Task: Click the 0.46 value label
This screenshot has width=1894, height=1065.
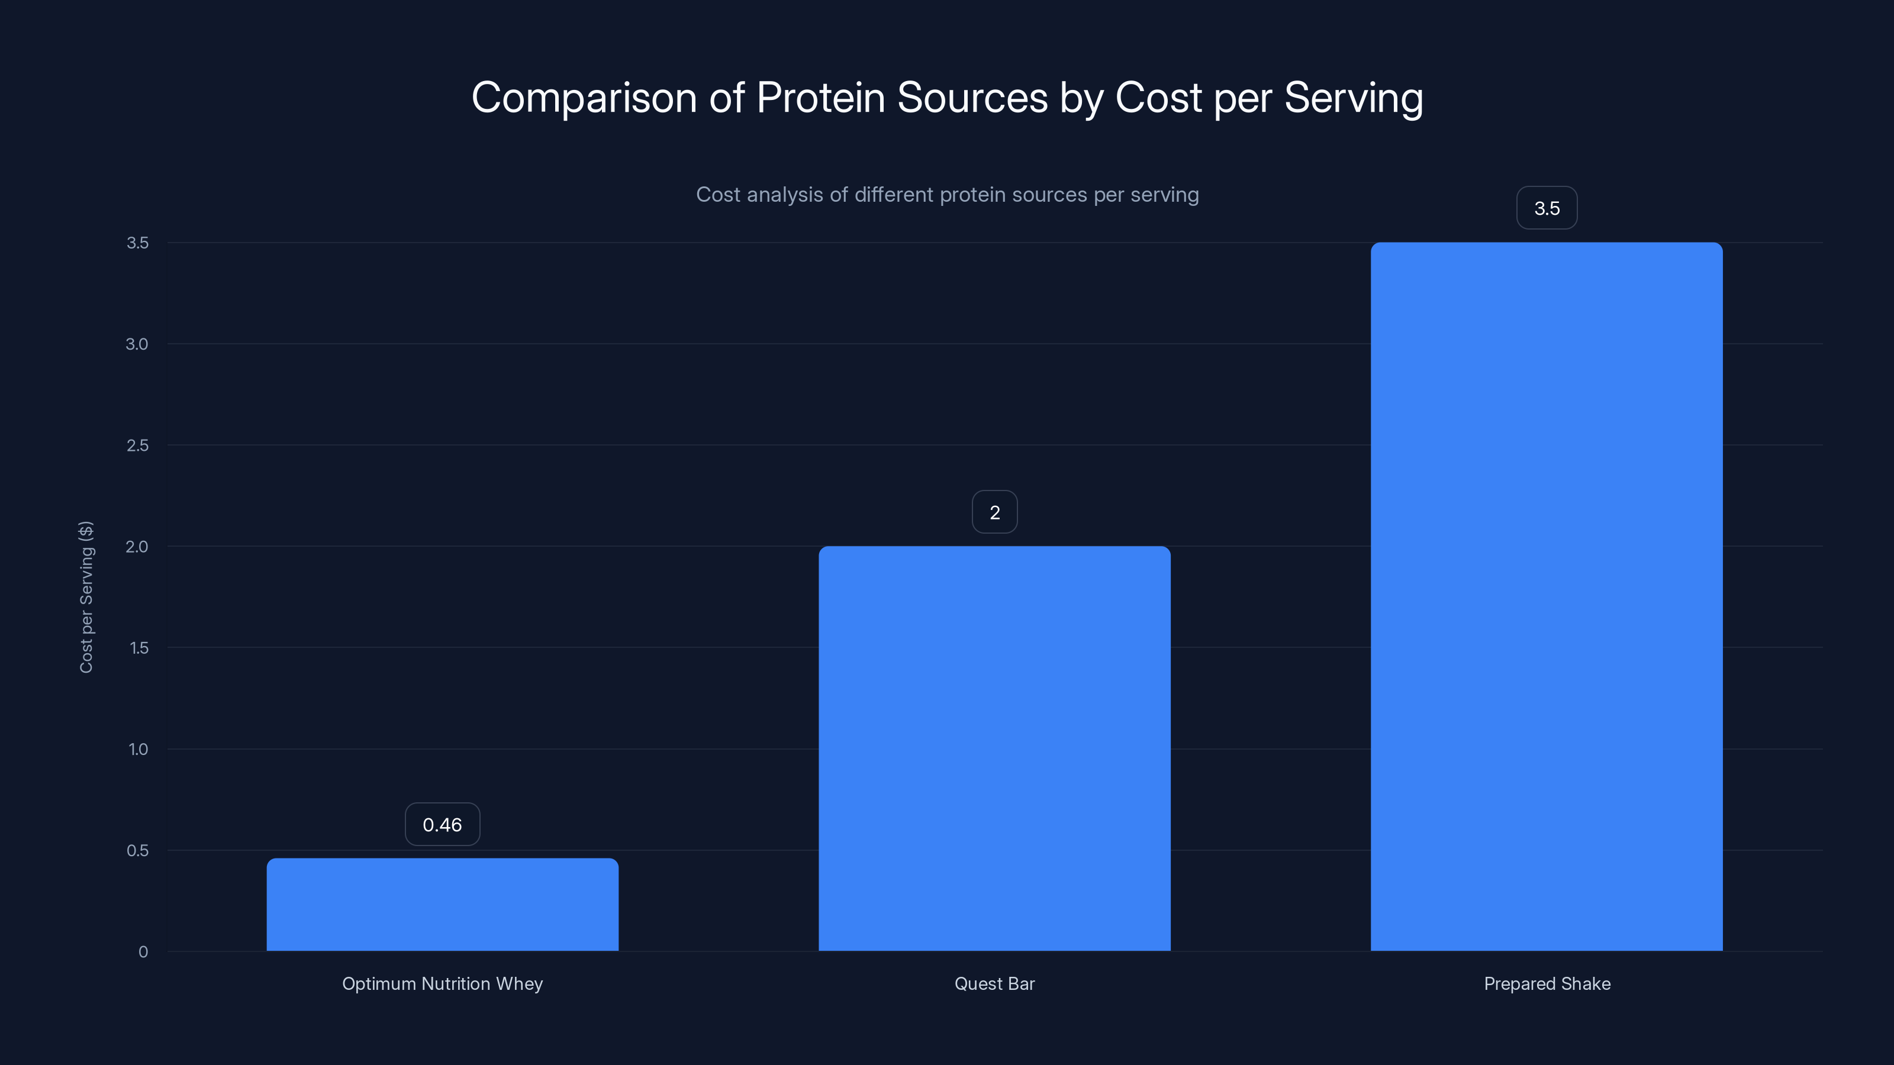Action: tap(442, 825)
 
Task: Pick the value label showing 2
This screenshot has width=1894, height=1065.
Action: tap(994, 512)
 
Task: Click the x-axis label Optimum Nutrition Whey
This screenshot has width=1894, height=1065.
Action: tap(442, 983)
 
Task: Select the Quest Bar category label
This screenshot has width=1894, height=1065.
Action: tap(994, 983)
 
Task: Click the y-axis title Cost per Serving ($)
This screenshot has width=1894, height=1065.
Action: tap(86, 597)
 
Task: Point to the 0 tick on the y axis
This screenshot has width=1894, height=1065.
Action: tap(143, 952)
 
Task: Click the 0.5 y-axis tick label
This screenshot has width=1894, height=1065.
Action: tap(137, 850)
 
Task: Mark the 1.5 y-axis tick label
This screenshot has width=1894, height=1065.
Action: tap(138, 647)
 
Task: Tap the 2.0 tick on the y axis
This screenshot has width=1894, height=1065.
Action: tap(137, 546)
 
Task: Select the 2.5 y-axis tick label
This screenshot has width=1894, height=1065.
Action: tap(137, 446)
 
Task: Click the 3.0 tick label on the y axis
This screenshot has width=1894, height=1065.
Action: tap(137, 344)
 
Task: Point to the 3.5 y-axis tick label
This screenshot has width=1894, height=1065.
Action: tap(137, 243)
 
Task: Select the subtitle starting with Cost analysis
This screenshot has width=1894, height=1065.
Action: tap(947, 195)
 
